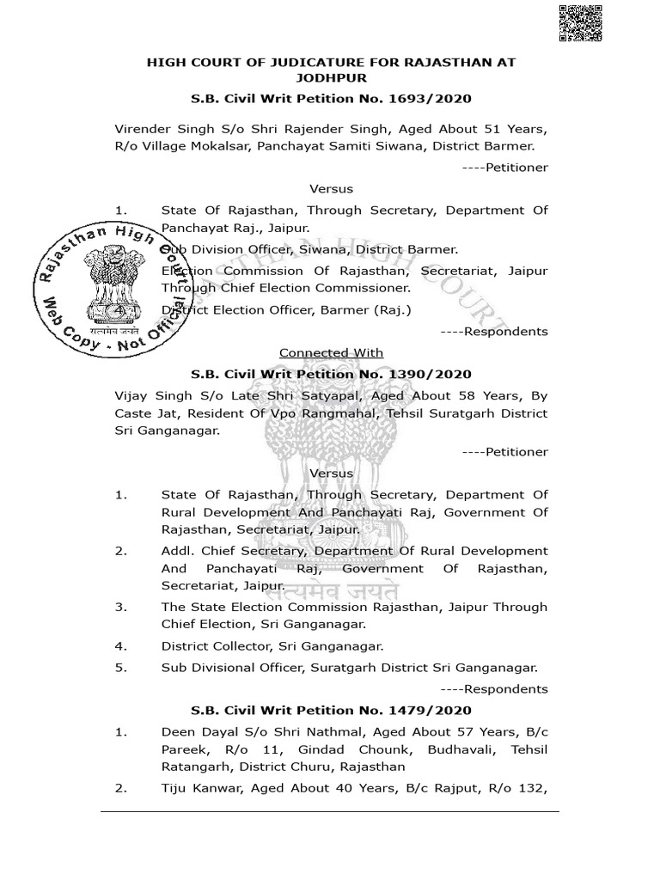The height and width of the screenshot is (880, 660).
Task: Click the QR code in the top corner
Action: [579, 22]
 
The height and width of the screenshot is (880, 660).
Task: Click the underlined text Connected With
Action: [331, 352]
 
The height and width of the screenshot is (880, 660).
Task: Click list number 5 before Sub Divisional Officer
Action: [120, 667]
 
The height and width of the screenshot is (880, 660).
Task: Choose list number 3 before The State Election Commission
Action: [120, 607]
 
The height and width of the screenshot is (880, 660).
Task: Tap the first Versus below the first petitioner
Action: [331, 188]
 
